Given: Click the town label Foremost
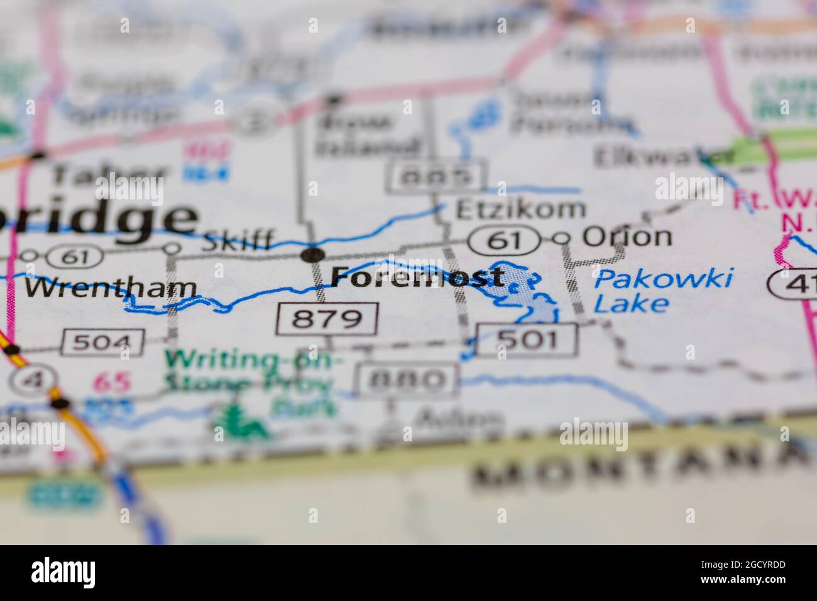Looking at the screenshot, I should pos(417,277).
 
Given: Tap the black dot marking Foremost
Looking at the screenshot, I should pos(312,255).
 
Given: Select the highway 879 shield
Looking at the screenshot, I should pos(327,319).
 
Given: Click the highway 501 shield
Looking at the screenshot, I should pos(526,339).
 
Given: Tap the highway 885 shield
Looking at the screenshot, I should pos(438,177).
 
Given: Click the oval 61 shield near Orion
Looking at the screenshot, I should pos(505,240).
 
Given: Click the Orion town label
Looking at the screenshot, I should pos(627,237).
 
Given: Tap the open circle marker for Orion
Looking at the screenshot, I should pos(561,238).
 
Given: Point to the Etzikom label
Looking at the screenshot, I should pos(520,207).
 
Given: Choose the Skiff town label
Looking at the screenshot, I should pos(237,240).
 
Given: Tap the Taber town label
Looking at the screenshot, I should pos(109,174).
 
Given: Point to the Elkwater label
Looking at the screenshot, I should pos(663,157).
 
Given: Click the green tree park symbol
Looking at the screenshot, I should pos(240,422).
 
